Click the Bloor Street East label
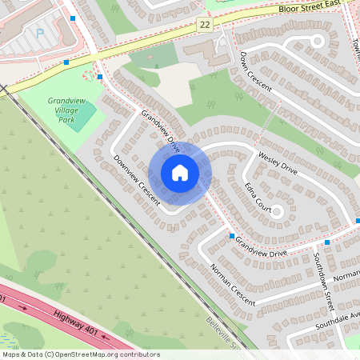[314, 6]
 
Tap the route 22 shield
[206, 26]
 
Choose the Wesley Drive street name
[277, 162]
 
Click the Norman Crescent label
[231, 283]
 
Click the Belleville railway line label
[222, 334]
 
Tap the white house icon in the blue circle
[180, 173]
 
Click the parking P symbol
[39, 34]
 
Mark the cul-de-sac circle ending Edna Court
[277, 212]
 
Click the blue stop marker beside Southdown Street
[327, 242]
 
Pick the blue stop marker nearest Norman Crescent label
[232, 236]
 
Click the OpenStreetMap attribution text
[80, 354]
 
